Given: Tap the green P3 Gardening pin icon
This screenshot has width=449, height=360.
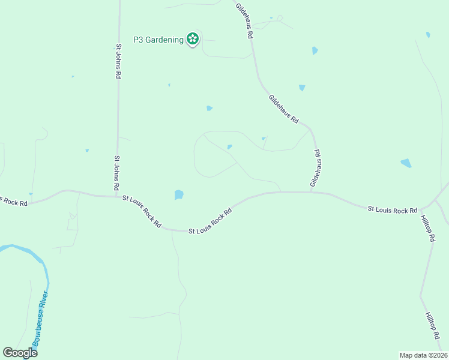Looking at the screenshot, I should click(192, 40).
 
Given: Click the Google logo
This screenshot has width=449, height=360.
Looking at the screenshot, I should click(20, 352).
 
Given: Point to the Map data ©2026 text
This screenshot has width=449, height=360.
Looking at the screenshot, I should click(423, 355).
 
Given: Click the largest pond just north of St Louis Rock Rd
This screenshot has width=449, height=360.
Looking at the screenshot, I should click(178, 194).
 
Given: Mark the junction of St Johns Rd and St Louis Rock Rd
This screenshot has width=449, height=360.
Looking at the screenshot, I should click(117, 196).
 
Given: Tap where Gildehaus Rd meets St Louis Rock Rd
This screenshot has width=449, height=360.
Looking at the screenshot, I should click(311, 193).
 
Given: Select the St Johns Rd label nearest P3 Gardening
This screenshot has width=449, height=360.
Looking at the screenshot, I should click(119, 61).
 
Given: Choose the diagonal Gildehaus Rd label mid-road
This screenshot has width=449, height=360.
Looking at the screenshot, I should click(283, 109).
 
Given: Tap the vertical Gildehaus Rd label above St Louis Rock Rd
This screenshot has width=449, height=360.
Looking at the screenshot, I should click(315, 167).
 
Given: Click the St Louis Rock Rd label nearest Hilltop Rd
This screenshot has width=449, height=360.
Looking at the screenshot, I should click(393, 209).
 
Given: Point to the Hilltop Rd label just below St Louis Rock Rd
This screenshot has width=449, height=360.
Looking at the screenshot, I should click(427, 228).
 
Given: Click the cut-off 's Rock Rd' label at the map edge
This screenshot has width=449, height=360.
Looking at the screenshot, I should click(13, 201).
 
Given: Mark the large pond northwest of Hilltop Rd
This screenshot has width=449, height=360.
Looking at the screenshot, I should click(406, 163).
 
